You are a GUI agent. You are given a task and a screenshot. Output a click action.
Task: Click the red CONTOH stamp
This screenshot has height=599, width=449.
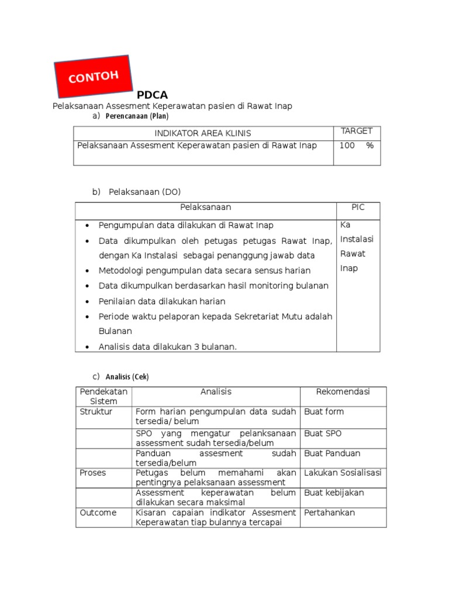pyautogui.click(x=94, y=76)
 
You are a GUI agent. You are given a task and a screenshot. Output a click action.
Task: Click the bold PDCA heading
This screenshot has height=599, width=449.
pyautogui.click(x=153, y=95)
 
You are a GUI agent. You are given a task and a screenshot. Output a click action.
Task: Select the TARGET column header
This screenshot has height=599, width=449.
pyautogui.click(x=357, y=131)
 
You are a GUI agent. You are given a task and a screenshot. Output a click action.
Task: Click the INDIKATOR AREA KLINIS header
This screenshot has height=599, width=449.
pyautogui.click(x=203, y=133)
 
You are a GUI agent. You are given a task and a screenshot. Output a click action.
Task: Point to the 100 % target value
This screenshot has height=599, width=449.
pyautogui.click(x=356, y=146)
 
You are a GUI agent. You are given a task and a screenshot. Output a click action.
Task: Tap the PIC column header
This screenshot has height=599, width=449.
pyautogui.click(x=357, y=208)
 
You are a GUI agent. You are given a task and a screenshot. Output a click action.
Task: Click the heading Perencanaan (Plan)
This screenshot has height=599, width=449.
pyautogui.click(x=137, y=116)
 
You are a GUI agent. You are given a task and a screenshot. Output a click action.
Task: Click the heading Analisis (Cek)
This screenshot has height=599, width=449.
pyautogui.click(x=131, y=377)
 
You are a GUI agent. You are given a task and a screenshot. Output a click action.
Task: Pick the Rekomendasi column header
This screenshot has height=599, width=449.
pyautogui.click(x=343, y=392)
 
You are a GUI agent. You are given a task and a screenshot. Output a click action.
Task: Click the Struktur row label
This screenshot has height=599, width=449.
pyautogui.click(x=96, y=412)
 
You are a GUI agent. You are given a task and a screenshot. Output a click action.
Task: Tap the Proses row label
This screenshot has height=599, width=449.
pyautogui.click(x=93, y=473)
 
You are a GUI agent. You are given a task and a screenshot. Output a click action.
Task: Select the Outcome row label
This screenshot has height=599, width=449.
pyautogui.click(x=98, y=513)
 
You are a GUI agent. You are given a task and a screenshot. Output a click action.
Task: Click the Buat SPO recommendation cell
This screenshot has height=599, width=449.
pyautogui.click(x=323, y=434)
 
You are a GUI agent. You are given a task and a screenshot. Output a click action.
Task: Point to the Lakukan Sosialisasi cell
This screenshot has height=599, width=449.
pyautogui.click(x=343, y=473)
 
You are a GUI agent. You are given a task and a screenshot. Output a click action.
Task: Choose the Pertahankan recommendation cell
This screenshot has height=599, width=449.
pyautogui.click(x=330, y=513)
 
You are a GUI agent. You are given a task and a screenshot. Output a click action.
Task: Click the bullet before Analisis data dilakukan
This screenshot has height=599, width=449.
pyautogui.click(x=87, y=347)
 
